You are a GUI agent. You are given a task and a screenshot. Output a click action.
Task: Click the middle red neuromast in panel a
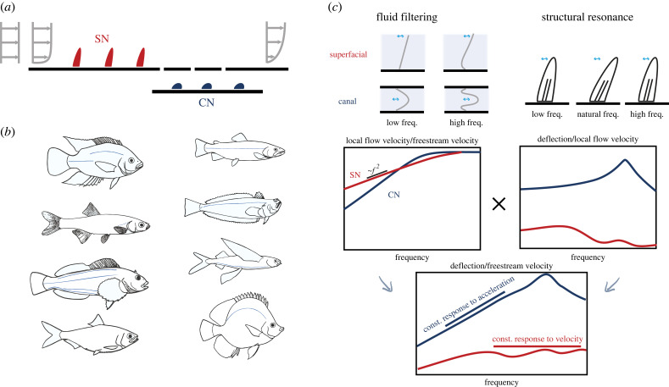click(x=109, y=58)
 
